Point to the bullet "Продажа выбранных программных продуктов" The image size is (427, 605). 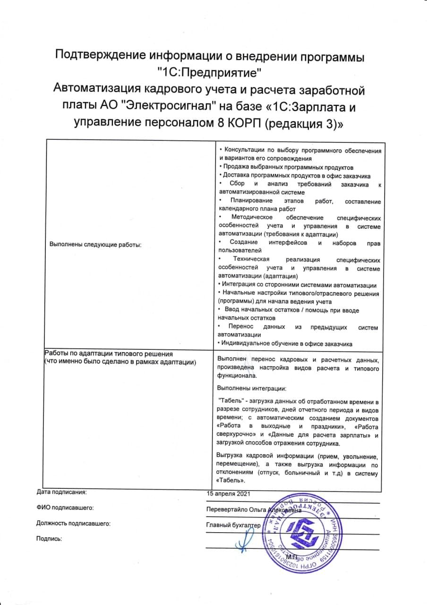287,167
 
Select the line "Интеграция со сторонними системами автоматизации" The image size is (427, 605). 297,285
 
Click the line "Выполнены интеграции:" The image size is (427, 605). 252,388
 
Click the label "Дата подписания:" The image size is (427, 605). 61,492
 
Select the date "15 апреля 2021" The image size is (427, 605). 228,494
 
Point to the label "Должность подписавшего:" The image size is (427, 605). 73,523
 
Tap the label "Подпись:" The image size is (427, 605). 49,539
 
